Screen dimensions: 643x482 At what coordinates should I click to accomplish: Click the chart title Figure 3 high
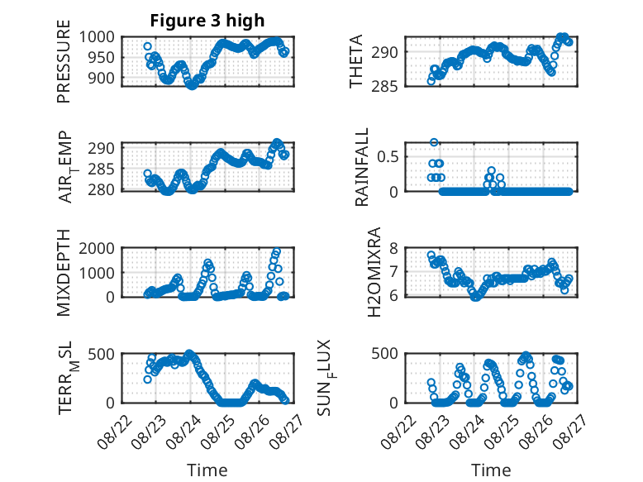207,21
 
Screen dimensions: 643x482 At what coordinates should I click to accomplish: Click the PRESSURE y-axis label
64,61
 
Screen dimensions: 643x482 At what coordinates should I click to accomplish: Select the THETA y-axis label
356,61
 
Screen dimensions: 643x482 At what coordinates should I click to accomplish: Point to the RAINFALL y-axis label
362,167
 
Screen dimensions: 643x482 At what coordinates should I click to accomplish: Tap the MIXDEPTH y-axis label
64,273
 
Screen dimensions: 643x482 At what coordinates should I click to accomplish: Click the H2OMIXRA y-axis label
374,272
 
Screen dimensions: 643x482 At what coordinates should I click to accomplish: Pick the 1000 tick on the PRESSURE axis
97,37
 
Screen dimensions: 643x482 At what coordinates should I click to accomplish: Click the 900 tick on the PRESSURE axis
102,78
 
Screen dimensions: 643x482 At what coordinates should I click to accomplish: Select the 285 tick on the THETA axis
384,86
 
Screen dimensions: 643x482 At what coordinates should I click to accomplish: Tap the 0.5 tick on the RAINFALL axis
388,157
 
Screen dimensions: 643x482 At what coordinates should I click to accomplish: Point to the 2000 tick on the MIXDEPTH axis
97,248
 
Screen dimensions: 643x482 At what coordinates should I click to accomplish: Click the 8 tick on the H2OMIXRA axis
393,248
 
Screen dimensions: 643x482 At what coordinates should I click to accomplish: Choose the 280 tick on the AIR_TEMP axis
102,190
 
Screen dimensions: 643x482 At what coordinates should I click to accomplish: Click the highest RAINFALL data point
434,142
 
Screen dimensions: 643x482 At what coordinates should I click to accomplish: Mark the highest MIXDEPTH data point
277,251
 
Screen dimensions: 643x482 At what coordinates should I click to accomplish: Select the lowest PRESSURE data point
192,85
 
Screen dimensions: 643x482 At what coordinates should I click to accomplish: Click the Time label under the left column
207,470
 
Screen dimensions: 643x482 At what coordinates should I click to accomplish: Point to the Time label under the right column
491,470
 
